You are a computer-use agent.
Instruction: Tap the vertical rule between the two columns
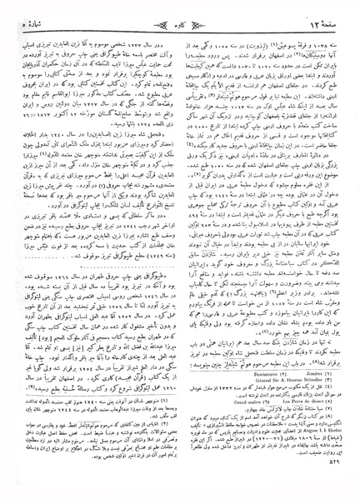(x=180, y=250)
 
